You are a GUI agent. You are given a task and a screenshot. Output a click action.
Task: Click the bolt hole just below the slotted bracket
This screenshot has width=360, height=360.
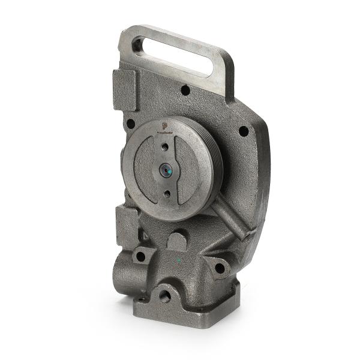[185, 90]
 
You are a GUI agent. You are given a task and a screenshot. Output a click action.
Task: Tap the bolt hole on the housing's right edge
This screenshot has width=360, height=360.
[243, 130]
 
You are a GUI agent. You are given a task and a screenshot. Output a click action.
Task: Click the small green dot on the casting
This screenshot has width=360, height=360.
[178, 260]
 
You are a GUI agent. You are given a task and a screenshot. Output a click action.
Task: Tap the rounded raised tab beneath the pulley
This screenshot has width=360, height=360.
[176, 240]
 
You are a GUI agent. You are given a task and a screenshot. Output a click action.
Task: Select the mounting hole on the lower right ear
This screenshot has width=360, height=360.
[220, 268]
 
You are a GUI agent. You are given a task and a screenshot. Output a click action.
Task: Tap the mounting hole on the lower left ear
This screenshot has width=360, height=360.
[140, 257]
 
